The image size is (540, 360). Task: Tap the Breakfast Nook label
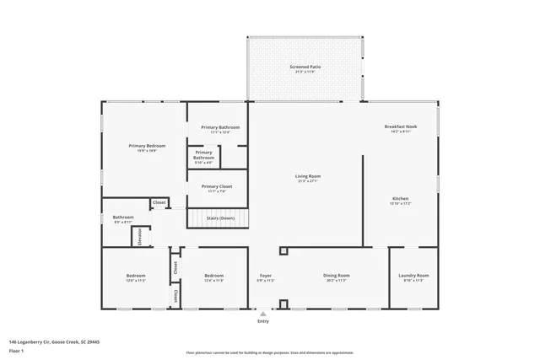tap(397, 126)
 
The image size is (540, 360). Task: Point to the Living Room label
tap(307, 176)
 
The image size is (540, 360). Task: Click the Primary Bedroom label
tap(147, 146)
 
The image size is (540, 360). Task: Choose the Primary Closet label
tap(217, 186)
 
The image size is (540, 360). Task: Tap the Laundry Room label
tap(413, 276)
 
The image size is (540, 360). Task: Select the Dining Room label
tap(337, 276)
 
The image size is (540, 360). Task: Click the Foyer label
tap(265, 276)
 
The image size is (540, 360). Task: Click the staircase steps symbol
tap(218, 219)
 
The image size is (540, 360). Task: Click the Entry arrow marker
tap(262, 313)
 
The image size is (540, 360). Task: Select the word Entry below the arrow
tap(262, 321)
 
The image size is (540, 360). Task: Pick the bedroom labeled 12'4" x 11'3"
tap(213, 276)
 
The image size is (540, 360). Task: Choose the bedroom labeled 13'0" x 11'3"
tap(136, 276)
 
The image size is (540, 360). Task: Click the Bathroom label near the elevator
tap(123, 218)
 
